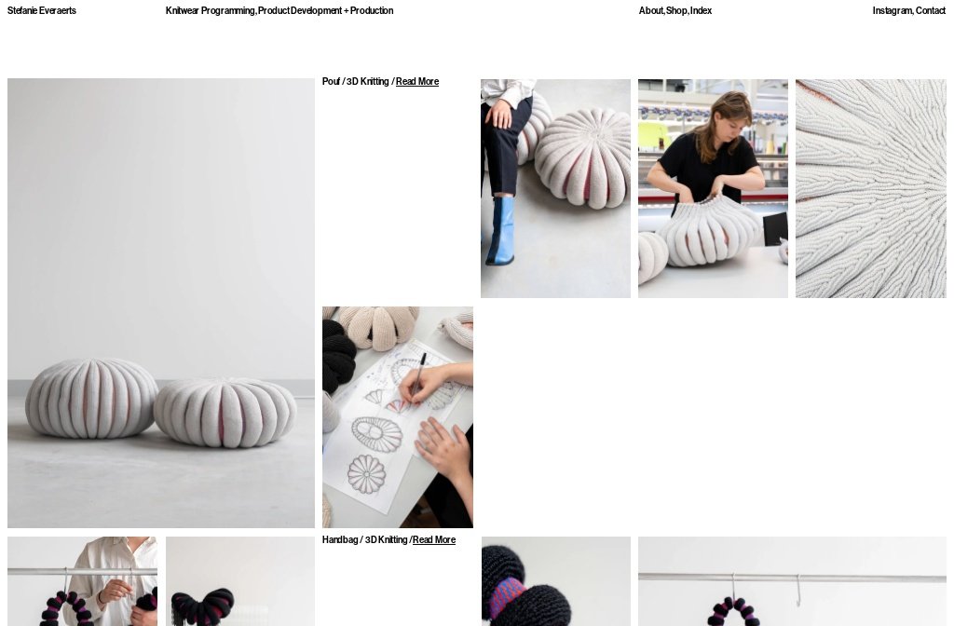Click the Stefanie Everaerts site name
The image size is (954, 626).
[41, 10]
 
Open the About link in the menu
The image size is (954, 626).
[651, 10]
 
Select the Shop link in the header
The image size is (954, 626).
[676, 10]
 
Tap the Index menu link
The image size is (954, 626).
[701, 10]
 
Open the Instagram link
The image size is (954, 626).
[892, 10]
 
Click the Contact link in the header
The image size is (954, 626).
[931, 10]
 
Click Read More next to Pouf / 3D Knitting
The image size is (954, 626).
[417, 82]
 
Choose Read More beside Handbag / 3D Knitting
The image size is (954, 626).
[434, 539]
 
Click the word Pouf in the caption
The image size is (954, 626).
[331, 82]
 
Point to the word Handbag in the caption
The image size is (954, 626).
[340, 539]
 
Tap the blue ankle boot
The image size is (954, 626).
[500, 231]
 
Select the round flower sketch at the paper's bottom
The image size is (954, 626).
[366, 474]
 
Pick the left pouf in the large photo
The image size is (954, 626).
[91, 398]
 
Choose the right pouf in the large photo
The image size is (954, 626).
[225, 413]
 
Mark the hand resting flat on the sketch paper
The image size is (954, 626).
[444, 447]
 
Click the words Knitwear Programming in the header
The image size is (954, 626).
[210, 10]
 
